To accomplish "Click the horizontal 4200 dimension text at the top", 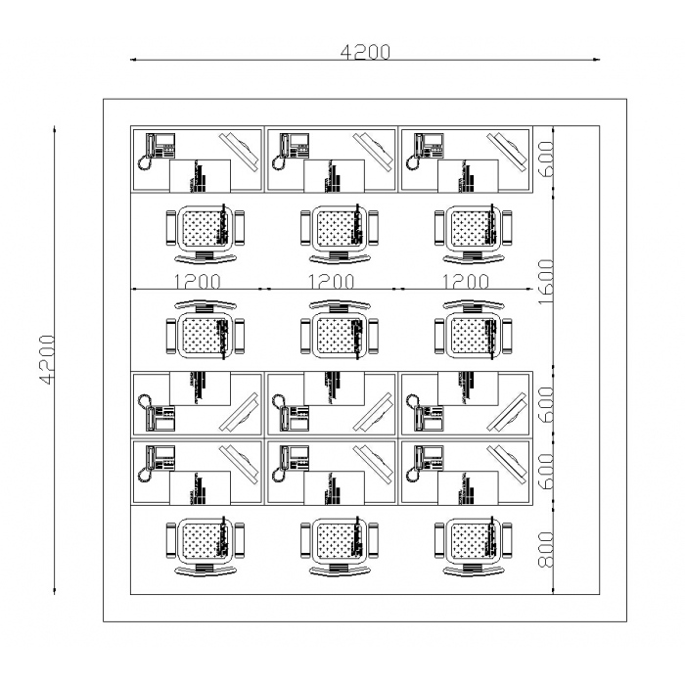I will click(365, 52).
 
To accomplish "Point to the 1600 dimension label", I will click(547, 282).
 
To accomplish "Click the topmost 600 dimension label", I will click(547, 158).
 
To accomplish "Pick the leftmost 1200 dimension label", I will click(197, 282).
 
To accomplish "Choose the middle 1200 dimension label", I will click(331, 282).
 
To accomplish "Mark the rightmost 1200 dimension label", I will click(465, 282).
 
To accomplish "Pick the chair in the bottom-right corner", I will click(474, 545).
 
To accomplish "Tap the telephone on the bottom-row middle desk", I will click(293, 461).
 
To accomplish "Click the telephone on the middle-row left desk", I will click(159, 414).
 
